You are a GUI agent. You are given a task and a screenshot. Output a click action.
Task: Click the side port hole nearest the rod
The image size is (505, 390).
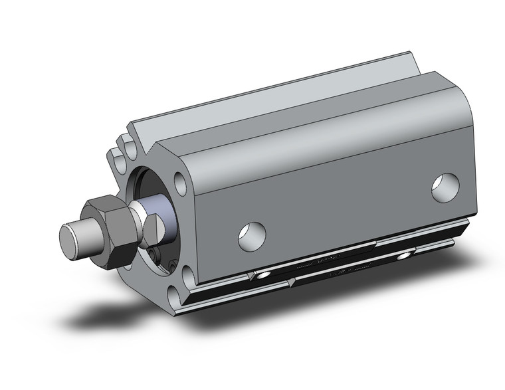coord(252,235)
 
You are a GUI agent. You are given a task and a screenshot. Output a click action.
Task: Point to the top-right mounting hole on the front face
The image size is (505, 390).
coord(179,182)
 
